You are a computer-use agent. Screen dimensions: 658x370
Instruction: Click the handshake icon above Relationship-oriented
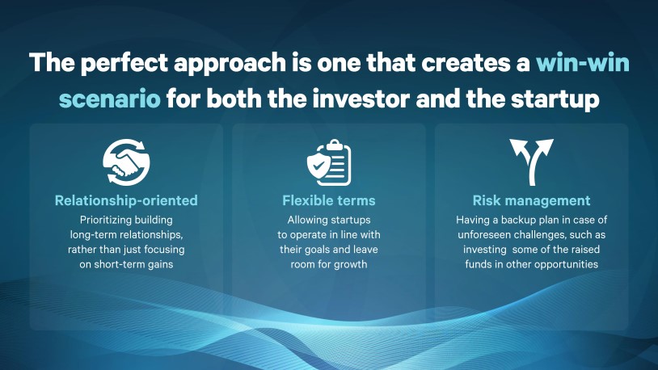click(x=126, y=162)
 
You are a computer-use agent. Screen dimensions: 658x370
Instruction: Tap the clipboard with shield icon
click(x=328, y=162)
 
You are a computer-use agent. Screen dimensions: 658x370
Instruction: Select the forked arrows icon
click(x=532, y=162)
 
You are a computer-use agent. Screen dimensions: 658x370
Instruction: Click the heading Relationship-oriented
click(x=126, y=200)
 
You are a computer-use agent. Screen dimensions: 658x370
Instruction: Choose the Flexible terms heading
click(x=328, y=200)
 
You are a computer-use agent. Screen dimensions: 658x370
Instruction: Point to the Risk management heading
click(x=531, y=200)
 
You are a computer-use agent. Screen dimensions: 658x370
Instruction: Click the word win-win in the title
click(x=583, y=62)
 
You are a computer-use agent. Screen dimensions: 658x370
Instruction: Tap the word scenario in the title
click(x=109, y=99)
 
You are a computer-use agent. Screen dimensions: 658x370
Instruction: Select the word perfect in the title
click(x=124, y=63)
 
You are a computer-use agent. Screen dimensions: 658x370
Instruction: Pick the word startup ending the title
click(x=555, y=99)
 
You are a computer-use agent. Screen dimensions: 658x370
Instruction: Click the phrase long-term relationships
click(x=126, y=234)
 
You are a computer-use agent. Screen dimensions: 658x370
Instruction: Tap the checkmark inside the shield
click(x=318, y=165)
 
